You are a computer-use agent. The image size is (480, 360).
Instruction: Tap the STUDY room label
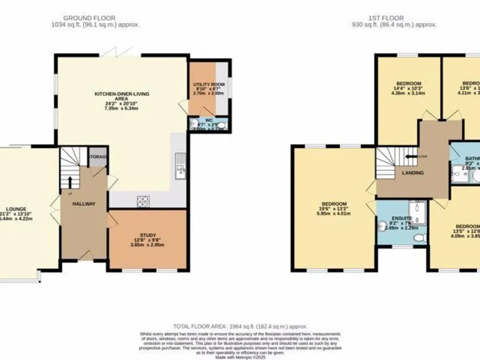pos(147,235)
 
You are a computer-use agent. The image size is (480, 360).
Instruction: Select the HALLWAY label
pos(83,204)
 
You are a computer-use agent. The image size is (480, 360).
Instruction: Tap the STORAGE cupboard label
pos(99,156)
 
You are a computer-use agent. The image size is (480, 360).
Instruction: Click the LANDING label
pos(412,173)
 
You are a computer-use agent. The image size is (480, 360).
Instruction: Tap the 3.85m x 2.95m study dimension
pos(147,246)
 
